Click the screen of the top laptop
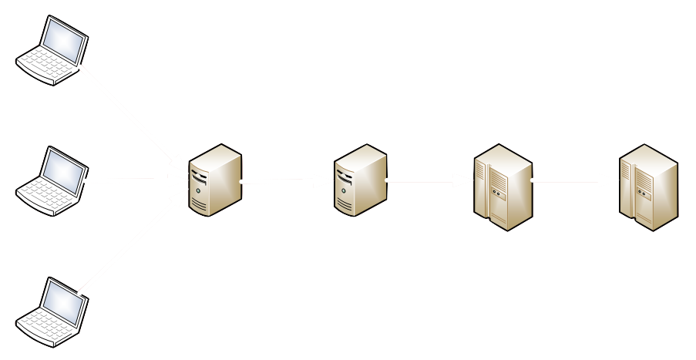[x=64, y=39]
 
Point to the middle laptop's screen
[x=64, y=169]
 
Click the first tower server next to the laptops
[x=215, y=180]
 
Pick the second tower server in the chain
[x=360, y=180]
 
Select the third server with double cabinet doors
[x=503, y=187]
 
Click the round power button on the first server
[x=200, y=190]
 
